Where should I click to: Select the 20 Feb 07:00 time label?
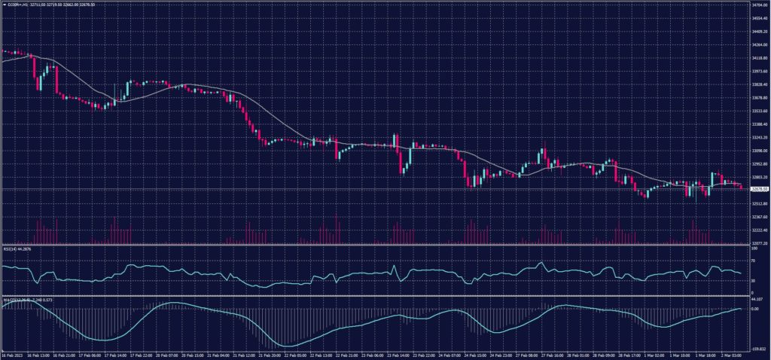167,354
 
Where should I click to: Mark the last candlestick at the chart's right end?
742,187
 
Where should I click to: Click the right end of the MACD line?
741,309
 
